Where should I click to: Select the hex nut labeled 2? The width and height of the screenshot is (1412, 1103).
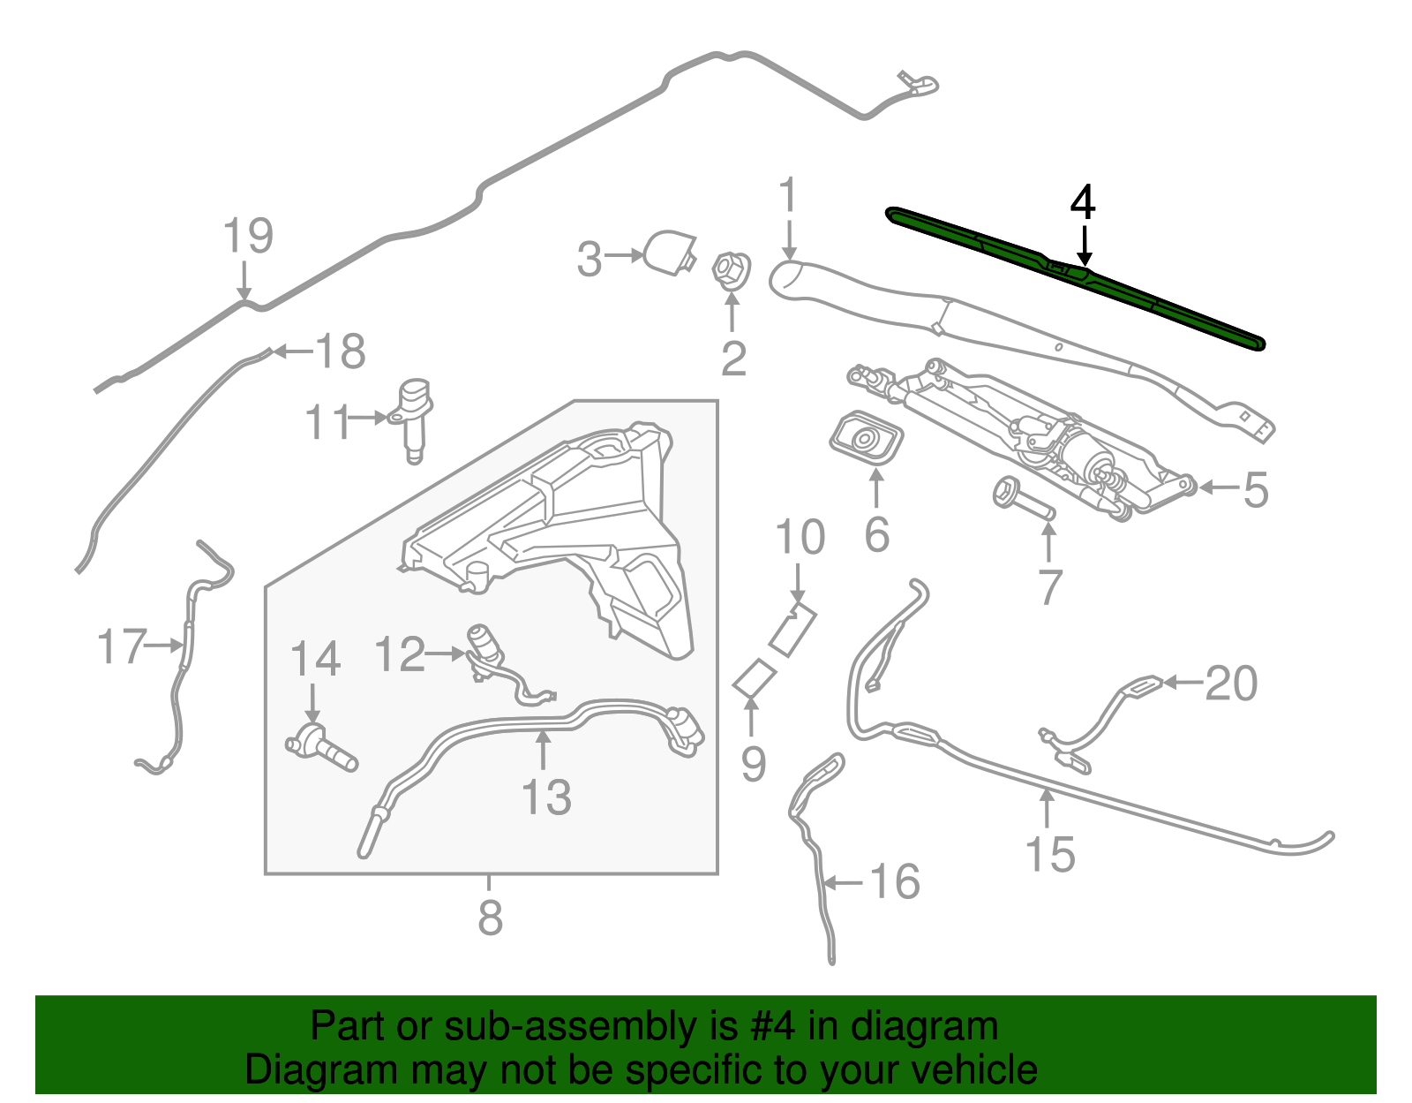731,269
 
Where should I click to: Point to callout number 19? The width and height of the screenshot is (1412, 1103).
248,236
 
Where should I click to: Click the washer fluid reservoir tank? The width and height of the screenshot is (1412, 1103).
565,530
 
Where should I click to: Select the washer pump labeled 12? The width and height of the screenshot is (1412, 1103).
484,649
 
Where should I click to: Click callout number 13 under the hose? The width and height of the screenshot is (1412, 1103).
546,797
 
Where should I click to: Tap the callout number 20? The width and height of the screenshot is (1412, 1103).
1231,684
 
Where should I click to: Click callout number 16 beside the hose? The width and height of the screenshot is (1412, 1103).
895,881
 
